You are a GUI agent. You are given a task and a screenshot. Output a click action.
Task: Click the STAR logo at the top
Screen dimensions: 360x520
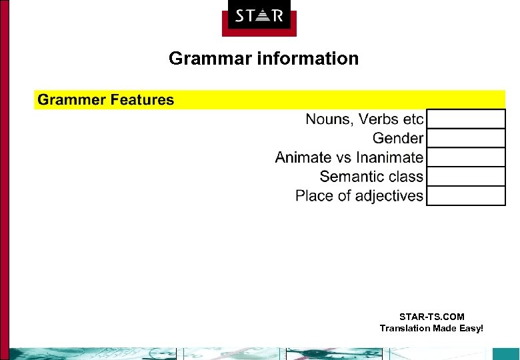click(259, 16)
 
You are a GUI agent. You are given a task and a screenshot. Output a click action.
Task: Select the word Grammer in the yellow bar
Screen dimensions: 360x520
click(71, 100)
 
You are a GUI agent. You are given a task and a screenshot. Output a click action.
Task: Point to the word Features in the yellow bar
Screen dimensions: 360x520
click(142, 100)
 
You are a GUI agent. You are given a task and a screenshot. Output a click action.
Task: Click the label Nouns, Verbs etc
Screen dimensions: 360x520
click(364, 119)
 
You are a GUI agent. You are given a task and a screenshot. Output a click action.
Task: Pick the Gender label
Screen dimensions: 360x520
click(398, 139)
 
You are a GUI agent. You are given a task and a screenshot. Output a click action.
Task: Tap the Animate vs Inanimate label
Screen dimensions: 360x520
click(349, 158)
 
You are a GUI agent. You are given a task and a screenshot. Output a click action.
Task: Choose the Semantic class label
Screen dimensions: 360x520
click(371, 177)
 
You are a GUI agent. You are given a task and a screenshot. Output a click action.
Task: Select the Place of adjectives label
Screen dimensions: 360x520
click(359, 196)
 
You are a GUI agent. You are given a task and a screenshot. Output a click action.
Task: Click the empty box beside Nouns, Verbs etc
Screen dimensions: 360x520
click(465, 119)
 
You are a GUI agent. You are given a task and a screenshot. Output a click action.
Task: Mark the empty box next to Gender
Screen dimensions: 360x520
click(465, 139)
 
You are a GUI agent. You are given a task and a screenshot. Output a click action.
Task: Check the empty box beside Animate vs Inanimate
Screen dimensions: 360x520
click(465, 158)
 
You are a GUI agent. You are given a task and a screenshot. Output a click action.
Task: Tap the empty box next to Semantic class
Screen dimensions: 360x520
click(465, 177)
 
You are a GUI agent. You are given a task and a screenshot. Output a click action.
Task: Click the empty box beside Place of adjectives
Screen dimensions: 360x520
click(465, 196)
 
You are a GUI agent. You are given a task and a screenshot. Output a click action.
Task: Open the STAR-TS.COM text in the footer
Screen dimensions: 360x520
click(431, 317)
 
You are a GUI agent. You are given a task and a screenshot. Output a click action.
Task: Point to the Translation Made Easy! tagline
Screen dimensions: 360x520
click(431, 328)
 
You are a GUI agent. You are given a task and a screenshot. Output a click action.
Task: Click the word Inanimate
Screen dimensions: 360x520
click(389, 158)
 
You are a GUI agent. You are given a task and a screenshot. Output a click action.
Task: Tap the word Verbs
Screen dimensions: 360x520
click(379, 119)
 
